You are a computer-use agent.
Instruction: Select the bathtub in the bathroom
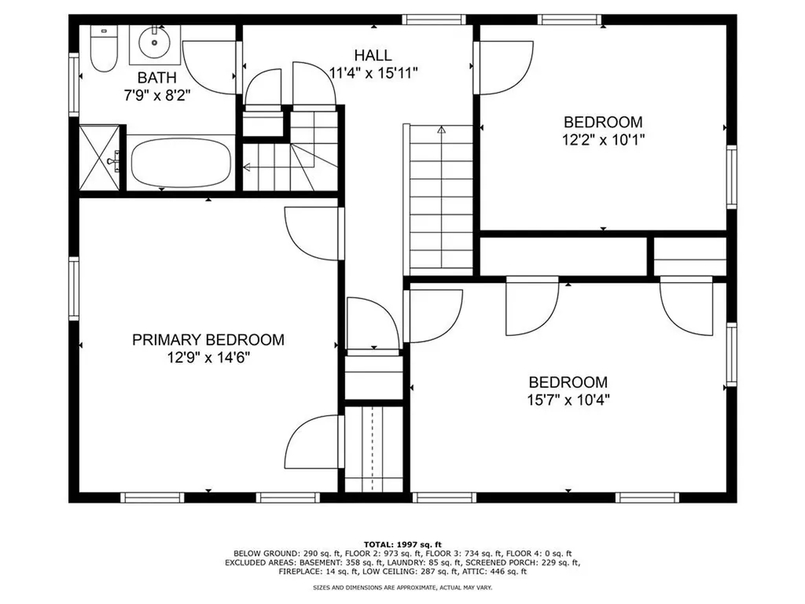(x=181, y=162)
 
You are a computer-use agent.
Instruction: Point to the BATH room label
(x=156, y=78)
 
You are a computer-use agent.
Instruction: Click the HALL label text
(x=373, y=55)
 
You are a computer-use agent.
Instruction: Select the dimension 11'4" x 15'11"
(x=373, y=72)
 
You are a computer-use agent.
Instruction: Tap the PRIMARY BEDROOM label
(x=208, y=340)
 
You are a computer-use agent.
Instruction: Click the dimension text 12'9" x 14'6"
(x=208, y=357)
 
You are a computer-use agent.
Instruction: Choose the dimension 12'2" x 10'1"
(x=603, y=139)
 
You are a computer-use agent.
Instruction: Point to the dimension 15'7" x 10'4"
(x=568, y=399)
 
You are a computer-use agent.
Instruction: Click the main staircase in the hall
(x=441, y=201)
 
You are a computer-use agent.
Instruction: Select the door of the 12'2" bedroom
(x=501, y=67)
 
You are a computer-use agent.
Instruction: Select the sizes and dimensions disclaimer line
(x=402, y=587)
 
